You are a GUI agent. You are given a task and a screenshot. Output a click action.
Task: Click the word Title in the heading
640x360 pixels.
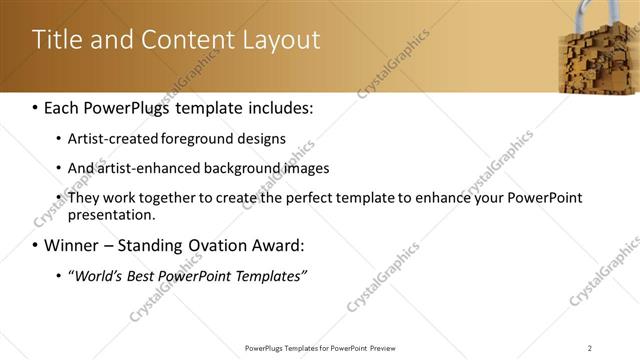(58, 40)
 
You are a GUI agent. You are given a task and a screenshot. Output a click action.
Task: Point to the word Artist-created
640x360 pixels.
(110, 138)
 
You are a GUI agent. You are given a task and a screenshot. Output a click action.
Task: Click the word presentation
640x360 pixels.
(111, 214)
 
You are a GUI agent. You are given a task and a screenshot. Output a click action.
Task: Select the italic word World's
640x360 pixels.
(96, 275)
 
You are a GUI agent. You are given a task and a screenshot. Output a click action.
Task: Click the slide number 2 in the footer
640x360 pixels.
(590, 347)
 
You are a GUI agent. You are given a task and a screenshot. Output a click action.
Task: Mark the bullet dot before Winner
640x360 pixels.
(35, 246)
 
